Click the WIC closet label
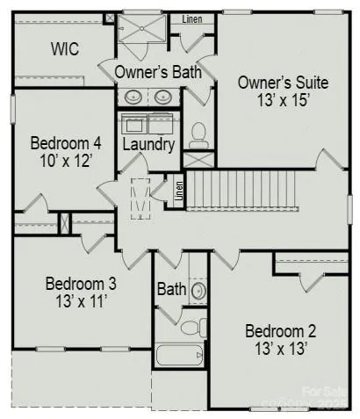(x=64, y=49)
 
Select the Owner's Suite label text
(x=283, y=83)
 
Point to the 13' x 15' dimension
(x=283, y=100)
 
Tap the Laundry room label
(x=148, y=144)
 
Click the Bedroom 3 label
(x=81, y=285)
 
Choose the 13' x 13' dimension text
(x=280, y=349)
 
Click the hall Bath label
(x=170, y=288)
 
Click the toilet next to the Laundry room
(x=198, y=134)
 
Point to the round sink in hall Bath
(x=198, y=289)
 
